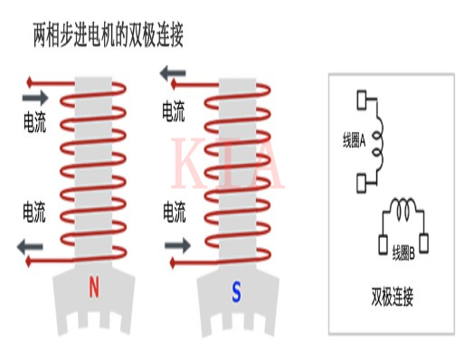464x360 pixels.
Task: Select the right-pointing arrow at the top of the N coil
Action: [x=36, y=96]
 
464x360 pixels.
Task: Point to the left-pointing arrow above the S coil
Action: [x=175, y=75]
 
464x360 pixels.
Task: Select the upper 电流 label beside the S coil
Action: [x=174, y=112]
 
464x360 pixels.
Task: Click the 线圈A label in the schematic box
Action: [x=348, y=140]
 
